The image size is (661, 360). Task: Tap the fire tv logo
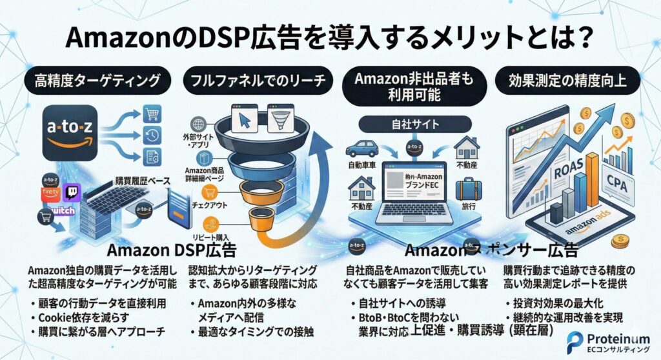tap(50, 194)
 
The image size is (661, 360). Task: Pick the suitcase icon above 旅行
tap(468, 189)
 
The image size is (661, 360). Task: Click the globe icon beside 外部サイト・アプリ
tap(198, 123)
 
